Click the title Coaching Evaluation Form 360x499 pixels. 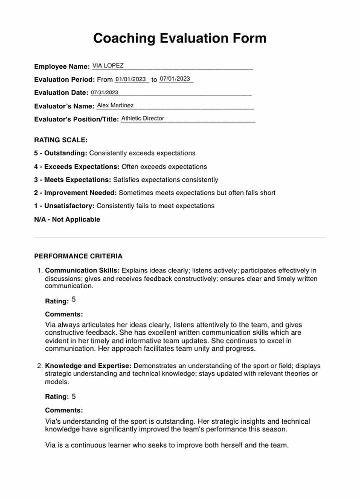[x=180, y=39]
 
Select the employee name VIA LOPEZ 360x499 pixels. [x=108, y=66]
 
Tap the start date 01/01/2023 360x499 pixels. [x=130, y=79]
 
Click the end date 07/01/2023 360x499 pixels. [x=175, y=79]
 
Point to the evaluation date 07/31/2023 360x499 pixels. [x=104, y=92]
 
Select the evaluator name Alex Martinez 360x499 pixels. [x=115, y=105]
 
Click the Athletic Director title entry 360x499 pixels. [x=143, y=118]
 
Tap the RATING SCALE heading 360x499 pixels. [x=61, y=140]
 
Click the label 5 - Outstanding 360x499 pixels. [x=61, y=153]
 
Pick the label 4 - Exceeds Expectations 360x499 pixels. [x=77, y=167]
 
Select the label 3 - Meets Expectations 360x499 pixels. [x=73, y=180]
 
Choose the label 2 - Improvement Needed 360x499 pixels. [x=75, y=193]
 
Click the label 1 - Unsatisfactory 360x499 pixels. [x=64, y=206]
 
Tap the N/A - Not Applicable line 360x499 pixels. [x=67, y=219]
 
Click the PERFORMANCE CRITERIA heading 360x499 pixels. [x=78, y=256]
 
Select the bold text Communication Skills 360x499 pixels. [x=82, y=270]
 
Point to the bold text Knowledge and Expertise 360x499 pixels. [x=88, y=366]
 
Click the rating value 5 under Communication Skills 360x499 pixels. [x=73, y=300]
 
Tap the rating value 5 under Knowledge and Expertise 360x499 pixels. [x=73, y=396]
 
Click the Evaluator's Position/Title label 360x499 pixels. [x=76, y=119]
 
